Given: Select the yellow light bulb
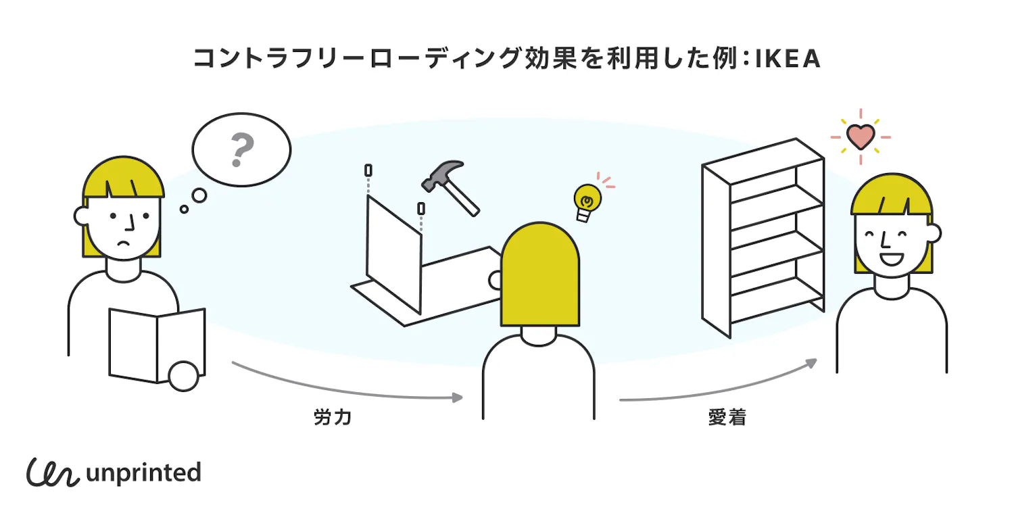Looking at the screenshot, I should click(x=587, y=201).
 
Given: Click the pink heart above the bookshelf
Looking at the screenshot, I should click(x=860, y=137).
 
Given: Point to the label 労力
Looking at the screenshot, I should click(x=333, y=418).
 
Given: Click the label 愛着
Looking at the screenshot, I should click(x=727, y=418).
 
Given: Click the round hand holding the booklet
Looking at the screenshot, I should click(x=183, y=377).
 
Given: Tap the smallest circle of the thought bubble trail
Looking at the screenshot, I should click(x=184, y=210).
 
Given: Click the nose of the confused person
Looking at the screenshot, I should click(x=131, y=223).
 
